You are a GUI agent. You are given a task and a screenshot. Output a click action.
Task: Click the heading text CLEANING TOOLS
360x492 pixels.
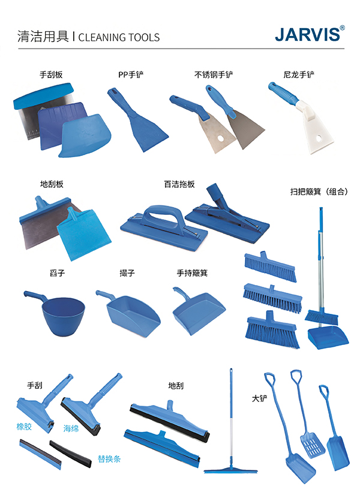coord(119,37)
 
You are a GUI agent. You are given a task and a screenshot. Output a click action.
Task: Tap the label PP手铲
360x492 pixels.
coord(131,74)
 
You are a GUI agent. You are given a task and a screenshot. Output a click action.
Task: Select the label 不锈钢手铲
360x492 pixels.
coord(214,74)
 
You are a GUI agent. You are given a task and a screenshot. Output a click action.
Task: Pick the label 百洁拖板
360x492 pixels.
coord(179,184)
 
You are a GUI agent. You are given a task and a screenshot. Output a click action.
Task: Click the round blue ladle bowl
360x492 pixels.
coord(63,316)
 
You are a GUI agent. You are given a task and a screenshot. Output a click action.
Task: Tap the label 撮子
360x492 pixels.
coord(127,273)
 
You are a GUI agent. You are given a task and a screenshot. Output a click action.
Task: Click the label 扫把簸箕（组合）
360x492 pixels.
coord(319,192)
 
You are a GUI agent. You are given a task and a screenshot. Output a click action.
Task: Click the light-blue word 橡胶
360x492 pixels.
coord(24,427)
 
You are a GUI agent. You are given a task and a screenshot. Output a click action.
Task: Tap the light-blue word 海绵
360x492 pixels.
coord(71,428)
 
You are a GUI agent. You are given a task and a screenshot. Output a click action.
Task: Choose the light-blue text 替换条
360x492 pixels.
coord(109,459)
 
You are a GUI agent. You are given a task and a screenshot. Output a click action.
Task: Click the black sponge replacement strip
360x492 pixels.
coord(70,454)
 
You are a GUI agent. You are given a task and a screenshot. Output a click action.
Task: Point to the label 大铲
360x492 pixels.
coord(260,398)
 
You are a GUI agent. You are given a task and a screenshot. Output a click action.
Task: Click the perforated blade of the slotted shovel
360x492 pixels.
coord(312,445)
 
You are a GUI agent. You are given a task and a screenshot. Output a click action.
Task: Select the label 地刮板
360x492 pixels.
coord(52,184)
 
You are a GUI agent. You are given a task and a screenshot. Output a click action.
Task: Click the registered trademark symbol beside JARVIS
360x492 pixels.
coord(342,28)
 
